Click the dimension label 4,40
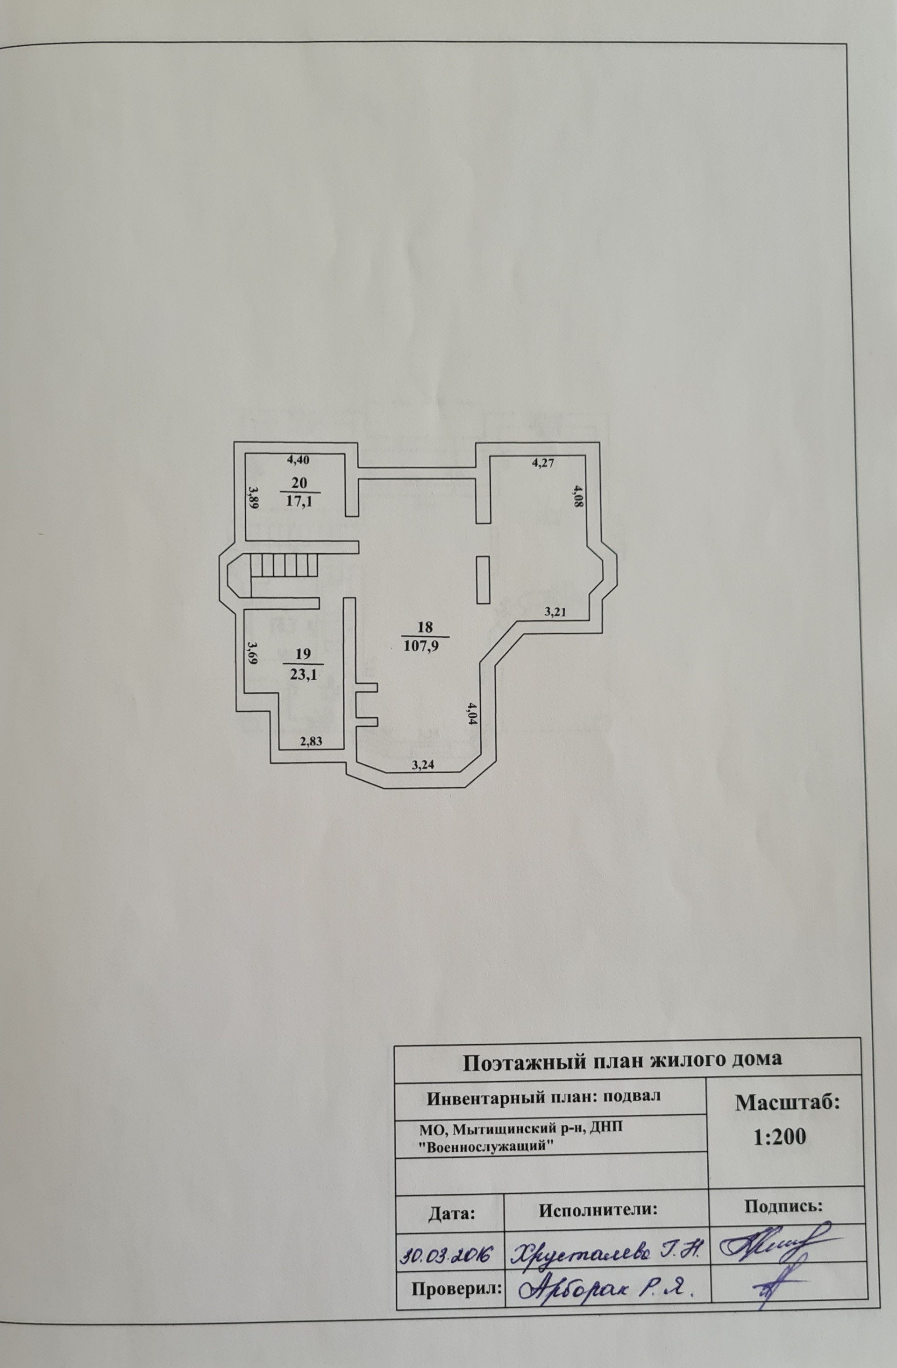click(298, 460)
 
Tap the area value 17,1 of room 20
click(299, 501)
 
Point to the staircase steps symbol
click(284, 566)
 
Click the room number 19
click(303, 654)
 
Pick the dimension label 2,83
click(312, 741)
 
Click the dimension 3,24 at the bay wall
click(422, 765)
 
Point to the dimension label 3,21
click(555, 612)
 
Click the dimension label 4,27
click(542, 463)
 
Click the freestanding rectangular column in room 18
click(483, 580)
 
